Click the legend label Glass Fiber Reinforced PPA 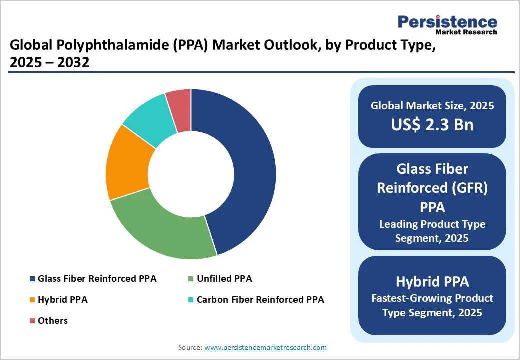click(x=97, y=278)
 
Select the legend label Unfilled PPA click(x=224, y=278)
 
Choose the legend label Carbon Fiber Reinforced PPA click(x=260, y=300)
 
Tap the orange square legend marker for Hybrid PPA click(x=32, y=300)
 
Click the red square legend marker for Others click(x=32, y=321)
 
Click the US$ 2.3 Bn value click(x=432, y=124)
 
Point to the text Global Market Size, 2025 click(x=432, y=106)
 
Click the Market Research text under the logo click(x=466, y=32)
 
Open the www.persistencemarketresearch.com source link click(x=265, y=347)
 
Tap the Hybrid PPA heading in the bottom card click(x=432, y=281)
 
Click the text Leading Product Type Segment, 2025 click(x=432, y=231)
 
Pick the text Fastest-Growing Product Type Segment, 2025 click(x=432, y=305)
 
